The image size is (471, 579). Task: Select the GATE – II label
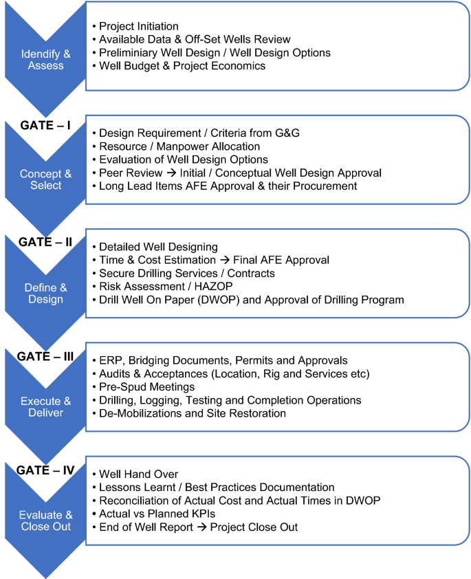pos(45,241)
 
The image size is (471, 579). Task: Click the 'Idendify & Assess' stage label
pos(45,60)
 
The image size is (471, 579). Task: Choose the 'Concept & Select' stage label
pos(45,179)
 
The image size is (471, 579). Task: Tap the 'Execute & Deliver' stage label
pos(46,407)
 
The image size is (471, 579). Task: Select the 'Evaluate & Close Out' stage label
pos(46,521)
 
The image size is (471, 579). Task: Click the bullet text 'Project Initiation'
pos(139,27)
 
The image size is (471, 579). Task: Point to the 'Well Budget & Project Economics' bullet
pos(182,66)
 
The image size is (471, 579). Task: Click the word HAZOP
pos(215,287)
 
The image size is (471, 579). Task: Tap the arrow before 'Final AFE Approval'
pos(218,261)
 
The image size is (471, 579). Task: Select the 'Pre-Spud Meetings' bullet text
pos(146,387)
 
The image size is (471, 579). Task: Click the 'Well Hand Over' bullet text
pos(139,474)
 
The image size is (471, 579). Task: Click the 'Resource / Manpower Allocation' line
pos(179,146)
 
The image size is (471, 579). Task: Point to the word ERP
pos(111,361)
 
